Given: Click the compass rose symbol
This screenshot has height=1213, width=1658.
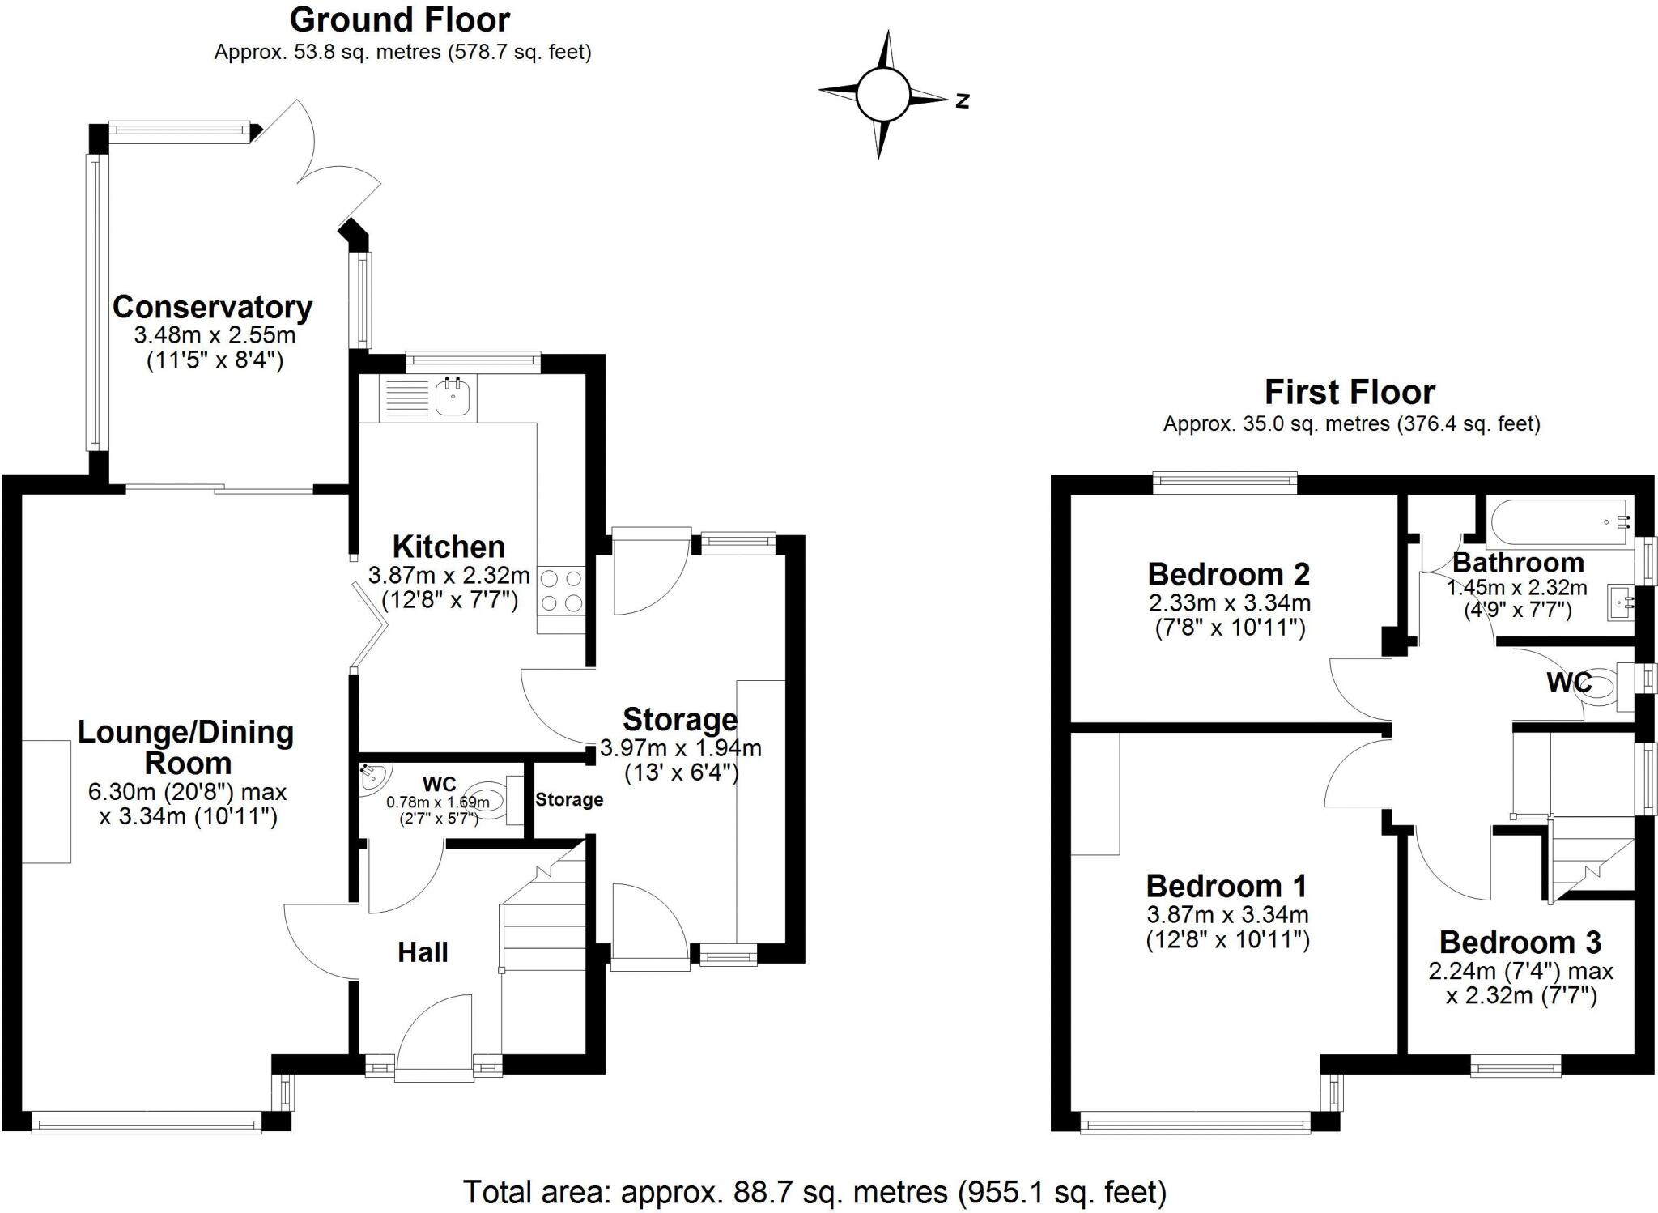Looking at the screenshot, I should (x=882, y=95).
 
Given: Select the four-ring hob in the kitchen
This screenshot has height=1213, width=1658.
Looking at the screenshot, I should (x=560, y=590).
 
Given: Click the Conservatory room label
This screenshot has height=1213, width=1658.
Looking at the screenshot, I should (x=212, y=308).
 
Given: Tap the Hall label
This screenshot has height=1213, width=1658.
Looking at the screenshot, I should (x=423, y=952).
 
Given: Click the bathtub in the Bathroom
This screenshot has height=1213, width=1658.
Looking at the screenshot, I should (x=1559, y=522).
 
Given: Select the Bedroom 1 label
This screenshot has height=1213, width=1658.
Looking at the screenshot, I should (x=1226, y=886).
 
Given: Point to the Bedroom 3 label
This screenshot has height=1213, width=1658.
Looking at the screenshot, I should (x=1520, y=943).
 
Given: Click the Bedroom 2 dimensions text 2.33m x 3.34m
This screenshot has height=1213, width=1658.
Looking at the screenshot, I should (x=1229, y=602).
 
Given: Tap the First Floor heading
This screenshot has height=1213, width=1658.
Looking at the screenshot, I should (x=1350, y=393).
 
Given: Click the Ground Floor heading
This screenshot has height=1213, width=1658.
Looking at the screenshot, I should (x=400, y=19).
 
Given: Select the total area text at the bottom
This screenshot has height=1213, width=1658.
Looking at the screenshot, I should (x=814, y=1192).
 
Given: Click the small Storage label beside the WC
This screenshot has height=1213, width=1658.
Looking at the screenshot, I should (x=569, y=800).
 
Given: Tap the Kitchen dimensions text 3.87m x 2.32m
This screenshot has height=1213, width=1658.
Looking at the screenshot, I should (x=449, y=576).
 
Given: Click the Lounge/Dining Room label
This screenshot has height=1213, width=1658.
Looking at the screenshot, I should (x=186, y=747).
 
